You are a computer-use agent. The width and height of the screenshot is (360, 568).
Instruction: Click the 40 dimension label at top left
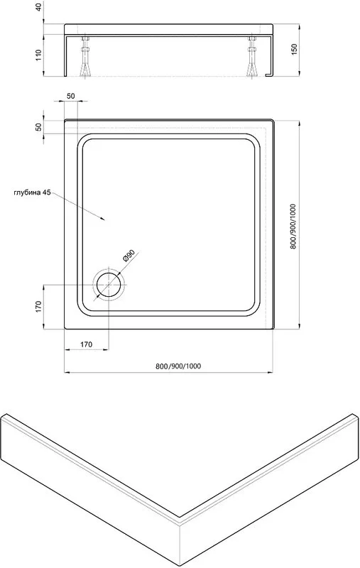tap(39, 7)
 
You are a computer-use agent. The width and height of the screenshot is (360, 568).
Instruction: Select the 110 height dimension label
tap(39, 55)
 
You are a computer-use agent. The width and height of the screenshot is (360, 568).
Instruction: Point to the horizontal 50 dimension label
tap(71, 96)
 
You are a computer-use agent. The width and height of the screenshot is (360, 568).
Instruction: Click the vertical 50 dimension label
tap(39, 127)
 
